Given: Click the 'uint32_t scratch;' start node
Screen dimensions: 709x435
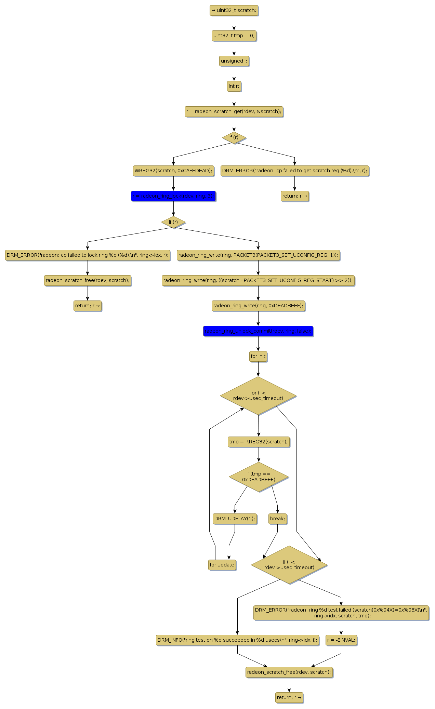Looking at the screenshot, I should tap(234, 11).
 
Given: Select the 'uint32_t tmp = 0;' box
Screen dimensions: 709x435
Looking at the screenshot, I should tap(234, 36).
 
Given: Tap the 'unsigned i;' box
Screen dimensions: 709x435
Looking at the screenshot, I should tap(234, 61).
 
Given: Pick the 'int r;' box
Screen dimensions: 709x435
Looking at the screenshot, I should tap(234, 86).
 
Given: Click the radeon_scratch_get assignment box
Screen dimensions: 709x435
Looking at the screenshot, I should tap(234, 112).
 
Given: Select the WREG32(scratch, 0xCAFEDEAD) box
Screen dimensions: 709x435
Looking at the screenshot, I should tap(173, 171).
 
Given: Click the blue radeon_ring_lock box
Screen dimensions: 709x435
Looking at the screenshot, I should tap(173, 196).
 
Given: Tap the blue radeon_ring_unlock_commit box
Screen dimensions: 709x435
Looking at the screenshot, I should tap(258, 331).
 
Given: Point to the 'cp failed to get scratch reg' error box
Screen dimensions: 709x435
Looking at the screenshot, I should tap(294, 171).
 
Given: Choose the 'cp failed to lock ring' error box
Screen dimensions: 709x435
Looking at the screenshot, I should tap(88, 255).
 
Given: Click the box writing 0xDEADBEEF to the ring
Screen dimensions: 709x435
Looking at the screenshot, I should tap(258, 306).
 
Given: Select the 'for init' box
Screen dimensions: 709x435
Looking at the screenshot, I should tap(258, 357).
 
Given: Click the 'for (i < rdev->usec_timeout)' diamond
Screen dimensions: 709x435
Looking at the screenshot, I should tap(258, 396).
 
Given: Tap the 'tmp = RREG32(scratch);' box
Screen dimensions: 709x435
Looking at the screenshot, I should tap(259, 442).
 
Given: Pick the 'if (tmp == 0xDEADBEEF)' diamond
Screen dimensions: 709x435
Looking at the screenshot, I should tap(259, 477).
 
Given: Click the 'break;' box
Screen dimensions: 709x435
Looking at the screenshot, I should tap(277, 519).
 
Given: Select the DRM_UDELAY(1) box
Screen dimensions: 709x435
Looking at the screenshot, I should tap(235, 519).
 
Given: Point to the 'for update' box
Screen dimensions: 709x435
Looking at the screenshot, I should tap(222, 565).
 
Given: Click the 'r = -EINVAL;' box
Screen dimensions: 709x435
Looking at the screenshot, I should tap(341, 640).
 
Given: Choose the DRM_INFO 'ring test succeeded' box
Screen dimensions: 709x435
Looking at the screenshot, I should tap(237, 640).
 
